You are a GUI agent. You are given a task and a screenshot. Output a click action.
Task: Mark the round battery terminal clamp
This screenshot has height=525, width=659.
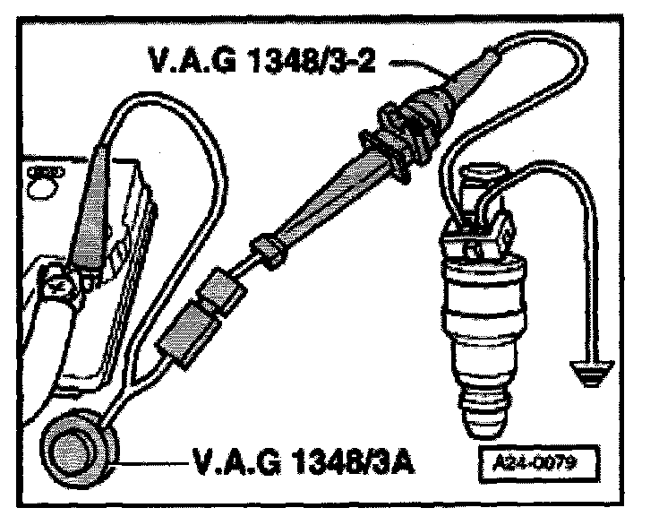(x=59, y=288)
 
